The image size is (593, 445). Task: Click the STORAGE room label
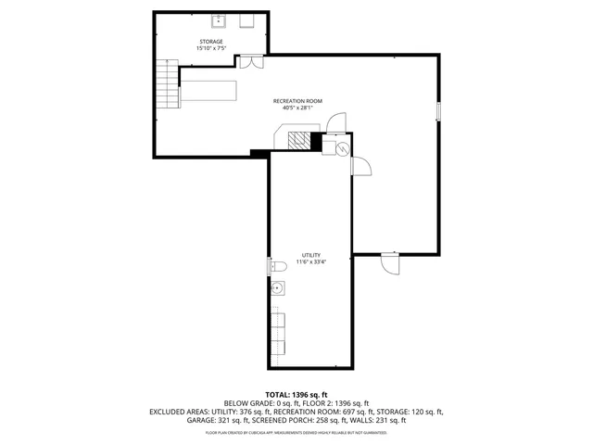coord(210,42)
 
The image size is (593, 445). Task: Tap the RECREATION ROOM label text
coord(297,100)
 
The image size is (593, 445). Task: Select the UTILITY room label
coord(310,254)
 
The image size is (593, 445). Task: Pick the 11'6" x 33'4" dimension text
coord(310,261)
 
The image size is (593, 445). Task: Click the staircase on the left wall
coord(166,84)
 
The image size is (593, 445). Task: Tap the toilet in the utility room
coord(276,267)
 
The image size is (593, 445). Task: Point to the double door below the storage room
coord(250,62)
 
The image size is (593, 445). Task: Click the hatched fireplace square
coord(298,140)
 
